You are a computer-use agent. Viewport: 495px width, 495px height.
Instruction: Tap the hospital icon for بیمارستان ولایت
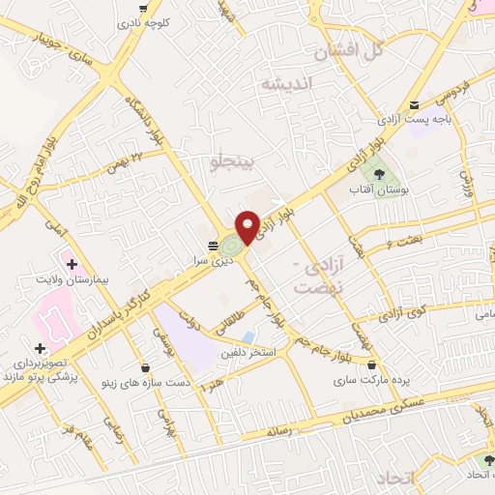coord(70,261)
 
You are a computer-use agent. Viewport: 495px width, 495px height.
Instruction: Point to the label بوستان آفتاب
coord(378,189)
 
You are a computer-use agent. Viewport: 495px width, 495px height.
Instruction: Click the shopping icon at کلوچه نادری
coord(142,8)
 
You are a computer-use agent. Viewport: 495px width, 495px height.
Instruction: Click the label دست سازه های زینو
coord(140,383)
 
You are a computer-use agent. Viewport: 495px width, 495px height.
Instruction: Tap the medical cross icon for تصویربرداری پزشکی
coord(39,349)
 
